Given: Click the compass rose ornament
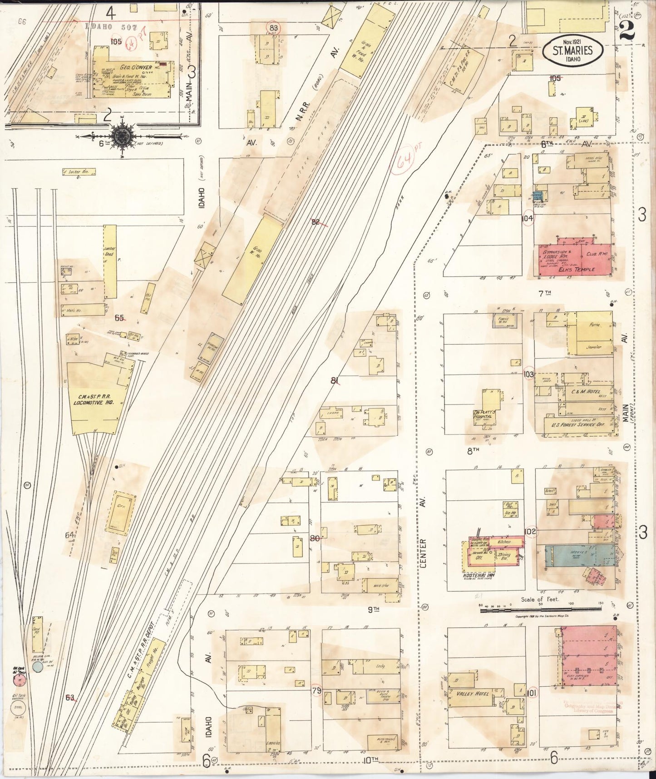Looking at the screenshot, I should tap(122, 135).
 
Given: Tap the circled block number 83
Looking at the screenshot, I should tap(273, 28).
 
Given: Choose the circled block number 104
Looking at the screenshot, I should tap(528, 218).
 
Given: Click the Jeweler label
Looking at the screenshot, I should tap(593, 347).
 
